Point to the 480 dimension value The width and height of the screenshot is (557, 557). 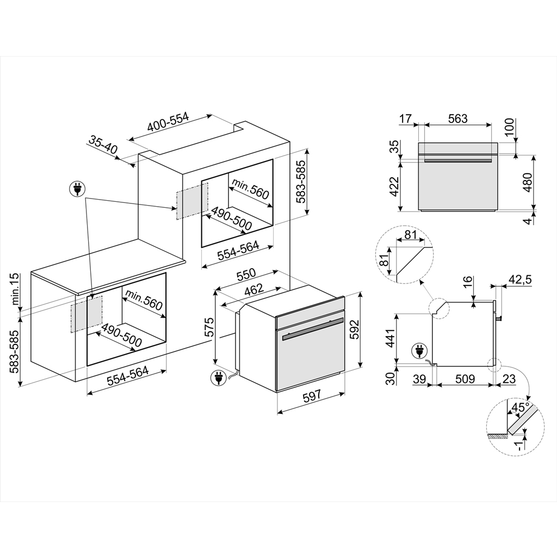pyautogui.click(x=525, y=181)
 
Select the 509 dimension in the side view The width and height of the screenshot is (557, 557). pyautogui.click(x=466, y=379)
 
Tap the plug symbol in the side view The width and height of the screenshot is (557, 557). pyautogui.click(x=420, y=350)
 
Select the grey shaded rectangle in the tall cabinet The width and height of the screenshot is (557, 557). pyautogui.click(x=191, y=201)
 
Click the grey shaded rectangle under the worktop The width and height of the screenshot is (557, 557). pyautogui.click(x=86, y=314)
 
